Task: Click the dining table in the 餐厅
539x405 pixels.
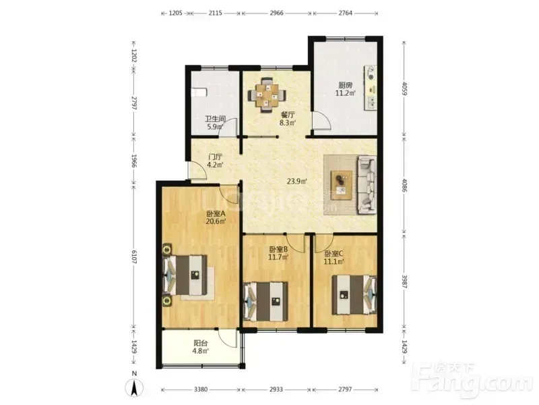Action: pyautogui.click(x=267, y=95)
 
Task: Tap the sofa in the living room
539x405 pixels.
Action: pyautogui.click(x=367, y=185)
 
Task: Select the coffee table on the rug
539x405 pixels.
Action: pyautogui.click(x=342, y=185)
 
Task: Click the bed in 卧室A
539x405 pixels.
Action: pyautogui.click(x=185, y=275)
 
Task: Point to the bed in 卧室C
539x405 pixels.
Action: pyautogui.click(x=354, y=294)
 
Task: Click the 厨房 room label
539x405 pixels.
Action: pyautogui.click(x=345, y=85)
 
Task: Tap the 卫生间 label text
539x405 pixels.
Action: pyautogui.click(x=216, y=119)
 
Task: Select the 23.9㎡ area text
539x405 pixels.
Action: pyautogui.click(x=297, y=181)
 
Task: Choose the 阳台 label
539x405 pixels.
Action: pyautogui.click(x=200, y=343)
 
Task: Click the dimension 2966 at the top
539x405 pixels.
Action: pyautogui.click(x=276, y=13)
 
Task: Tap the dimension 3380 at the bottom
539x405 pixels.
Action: pyautogui.click(x=200, y=389)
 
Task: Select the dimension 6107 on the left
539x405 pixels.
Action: pyautogui.click(x=133, y=257)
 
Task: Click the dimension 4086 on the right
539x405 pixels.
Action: pyautogui.click(x=405, y=185)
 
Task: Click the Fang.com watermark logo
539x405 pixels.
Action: pyautogui.click(x=474, y=381)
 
